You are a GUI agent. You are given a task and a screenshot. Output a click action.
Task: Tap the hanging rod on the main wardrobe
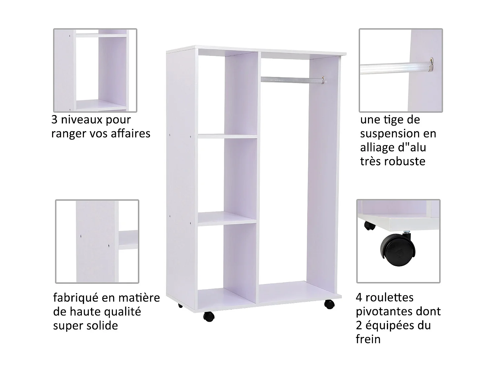(290, 79)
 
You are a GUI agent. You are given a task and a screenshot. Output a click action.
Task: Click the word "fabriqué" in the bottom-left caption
(76, 298)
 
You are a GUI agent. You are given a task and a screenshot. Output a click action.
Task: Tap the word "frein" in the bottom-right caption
(368, 339)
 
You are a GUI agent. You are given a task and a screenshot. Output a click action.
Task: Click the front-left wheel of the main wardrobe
(209, 316)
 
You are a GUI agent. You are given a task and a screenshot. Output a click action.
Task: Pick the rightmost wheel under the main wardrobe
(329, 304)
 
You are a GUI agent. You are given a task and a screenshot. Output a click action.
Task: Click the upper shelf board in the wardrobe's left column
(227, 136)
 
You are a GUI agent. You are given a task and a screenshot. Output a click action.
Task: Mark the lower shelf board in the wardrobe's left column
(227, 219)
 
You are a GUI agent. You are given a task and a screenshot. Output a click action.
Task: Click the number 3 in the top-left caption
(54, 119)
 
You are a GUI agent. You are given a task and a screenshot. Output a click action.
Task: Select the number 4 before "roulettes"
(359, 297)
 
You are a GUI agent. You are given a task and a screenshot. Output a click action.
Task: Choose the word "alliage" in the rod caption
(376, 147)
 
